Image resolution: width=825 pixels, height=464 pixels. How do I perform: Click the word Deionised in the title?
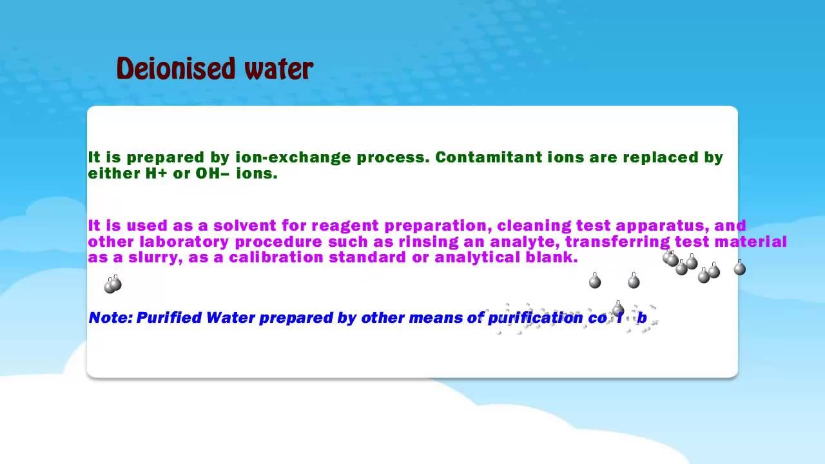168,68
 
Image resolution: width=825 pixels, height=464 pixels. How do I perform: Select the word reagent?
344,226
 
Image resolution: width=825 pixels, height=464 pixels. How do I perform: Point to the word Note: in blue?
110,318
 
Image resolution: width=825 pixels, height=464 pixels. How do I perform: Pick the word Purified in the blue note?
169,318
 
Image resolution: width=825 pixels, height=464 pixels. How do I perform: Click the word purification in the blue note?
535,318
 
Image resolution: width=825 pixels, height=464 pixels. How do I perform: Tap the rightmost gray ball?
739,269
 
